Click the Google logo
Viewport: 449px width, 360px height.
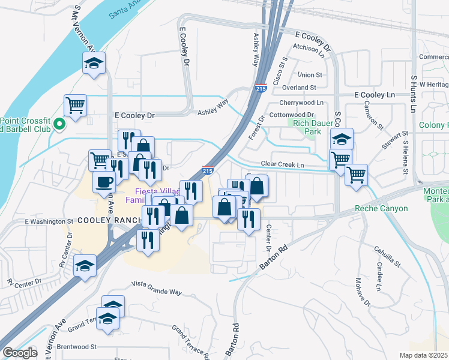(x=20, y=353)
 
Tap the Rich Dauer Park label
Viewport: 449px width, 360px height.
(x=305, y=127)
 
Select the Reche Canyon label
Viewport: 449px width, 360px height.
(x=381, y=208)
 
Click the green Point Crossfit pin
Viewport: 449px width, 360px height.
(x=59, y=124)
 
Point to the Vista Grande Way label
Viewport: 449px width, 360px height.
(x=156, y=291)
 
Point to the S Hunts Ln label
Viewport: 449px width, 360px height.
(x=414, y=94)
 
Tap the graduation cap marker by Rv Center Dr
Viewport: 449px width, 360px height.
(x=85, y=265)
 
